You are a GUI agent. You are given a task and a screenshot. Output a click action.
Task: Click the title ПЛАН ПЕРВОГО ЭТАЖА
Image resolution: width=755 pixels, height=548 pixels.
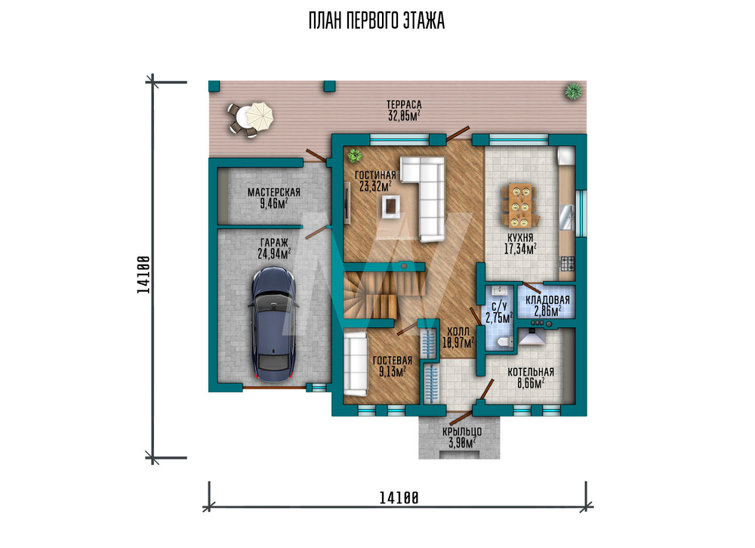point(377,21)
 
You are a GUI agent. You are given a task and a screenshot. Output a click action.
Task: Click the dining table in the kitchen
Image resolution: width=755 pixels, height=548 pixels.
point(519,206)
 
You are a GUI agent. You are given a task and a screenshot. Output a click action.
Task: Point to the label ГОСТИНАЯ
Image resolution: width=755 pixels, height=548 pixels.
point(375,175)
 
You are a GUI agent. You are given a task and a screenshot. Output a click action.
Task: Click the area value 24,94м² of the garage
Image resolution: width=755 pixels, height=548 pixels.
point(274,253)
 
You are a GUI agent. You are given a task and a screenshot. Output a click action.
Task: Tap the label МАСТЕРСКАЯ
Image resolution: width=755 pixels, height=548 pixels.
point(274,192)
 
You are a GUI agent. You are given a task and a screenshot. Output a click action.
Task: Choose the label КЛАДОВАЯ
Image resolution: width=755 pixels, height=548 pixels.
point(547,300)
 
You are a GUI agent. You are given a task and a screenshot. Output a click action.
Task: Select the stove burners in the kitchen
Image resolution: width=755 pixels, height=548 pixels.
point(567,264)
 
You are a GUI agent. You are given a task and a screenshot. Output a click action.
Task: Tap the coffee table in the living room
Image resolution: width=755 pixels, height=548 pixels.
point(390,206)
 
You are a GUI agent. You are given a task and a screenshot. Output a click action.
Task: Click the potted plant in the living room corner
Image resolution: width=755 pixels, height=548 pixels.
point(355,155)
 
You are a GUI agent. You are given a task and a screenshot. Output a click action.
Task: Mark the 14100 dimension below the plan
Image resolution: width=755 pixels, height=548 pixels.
point(399,498)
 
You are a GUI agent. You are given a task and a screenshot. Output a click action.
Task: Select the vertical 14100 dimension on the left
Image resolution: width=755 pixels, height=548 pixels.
point(143,274)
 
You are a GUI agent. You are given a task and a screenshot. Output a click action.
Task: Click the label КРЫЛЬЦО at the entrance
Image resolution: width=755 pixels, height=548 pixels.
point(462,432)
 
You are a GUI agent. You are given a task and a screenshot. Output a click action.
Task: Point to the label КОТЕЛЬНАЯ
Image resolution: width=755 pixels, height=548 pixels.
point(531,372)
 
